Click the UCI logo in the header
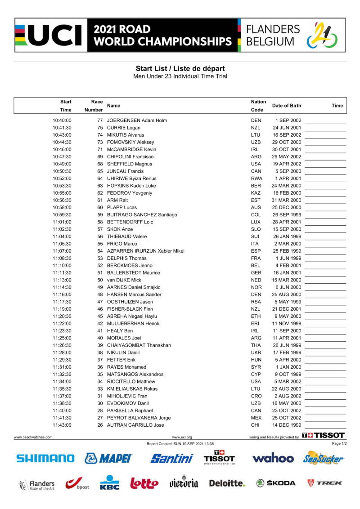click(49, 36)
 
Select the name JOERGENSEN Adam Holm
click(137, 121)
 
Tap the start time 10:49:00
click(62, 164)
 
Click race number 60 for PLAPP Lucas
click(100, 207)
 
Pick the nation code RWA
click(256, 179)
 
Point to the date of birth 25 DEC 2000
click(287, 207)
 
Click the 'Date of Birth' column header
click(287, 106)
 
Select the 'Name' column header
click(114, 106)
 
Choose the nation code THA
click(256, 345)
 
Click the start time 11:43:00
click(62, 425)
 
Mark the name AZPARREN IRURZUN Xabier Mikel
click(145, 251)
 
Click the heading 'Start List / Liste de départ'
click(180, 68)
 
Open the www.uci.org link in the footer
click(182, 437)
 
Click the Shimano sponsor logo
click(45, 459)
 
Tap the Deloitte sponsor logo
click(227, 483)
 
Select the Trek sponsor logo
click(324, 483)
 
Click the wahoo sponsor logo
click(273, 459)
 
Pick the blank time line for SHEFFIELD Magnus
click(325, 165)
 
